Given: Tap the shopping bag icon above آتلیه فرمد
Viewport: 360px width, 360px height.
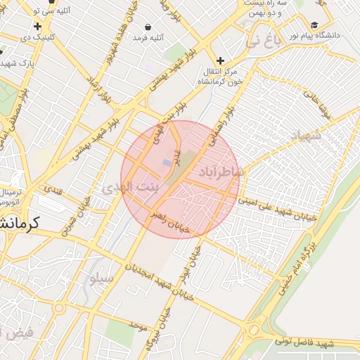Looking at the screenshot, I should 148,25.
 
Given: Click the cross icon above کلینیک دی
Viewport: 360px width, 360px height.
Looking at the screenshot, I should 37,25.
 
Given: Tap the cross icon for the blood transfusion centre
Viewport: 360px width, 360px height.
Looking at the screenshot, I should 220,60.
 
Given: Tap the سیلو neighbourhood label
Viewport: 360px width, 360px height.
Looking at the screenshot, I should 100,278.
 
